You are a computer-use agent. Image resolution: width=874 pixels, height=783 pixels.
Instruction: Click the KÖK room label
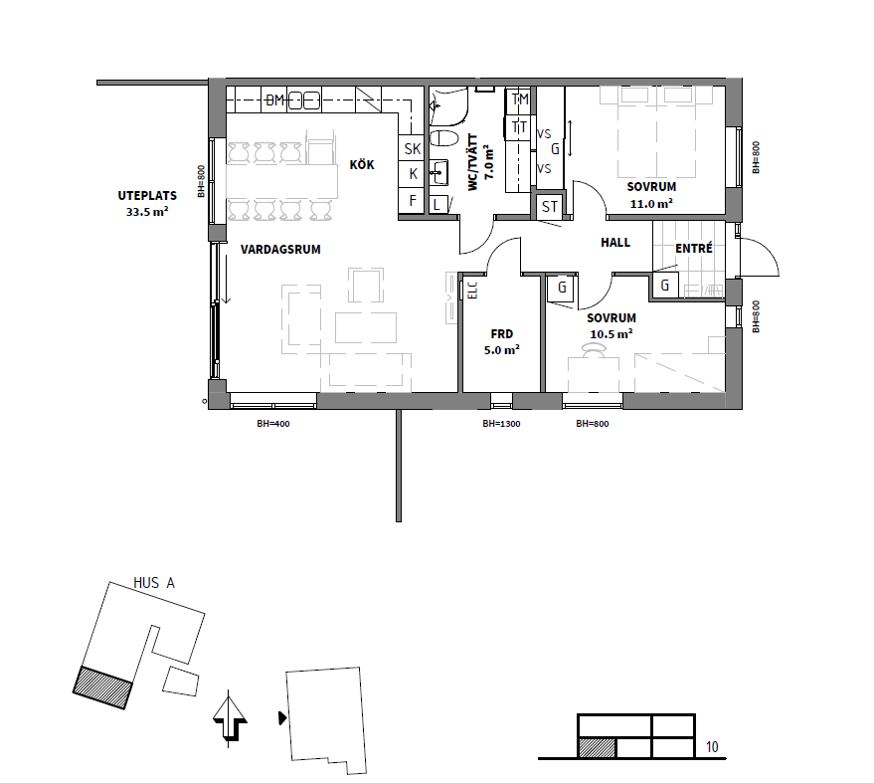point(362,164)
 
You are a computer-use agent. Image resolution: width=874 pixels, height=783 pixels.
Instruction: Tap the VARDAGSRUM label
point(280,250)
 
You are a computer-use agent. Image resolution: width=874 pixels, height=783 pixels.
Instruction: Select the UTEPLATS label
point(147,196)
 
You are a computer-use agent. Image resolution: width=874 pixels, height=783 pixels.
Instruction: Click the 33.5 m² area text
point(147,212)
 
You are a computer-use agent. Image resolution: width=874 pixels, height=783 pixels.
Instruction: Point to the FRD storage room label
point(502,334)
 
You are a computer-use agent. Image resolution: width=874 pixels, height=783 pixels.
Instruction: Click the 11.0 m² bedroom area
point(651,204)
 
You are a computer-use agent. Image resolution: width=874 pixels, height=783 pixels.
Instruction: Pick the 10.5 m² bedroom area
point(612,334)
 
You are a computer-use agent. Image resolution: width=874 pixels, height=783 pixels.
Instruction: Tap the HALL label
point(615,243)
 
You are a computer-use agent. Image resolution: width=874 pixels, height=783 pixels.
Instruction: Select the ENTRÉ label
point(694,248)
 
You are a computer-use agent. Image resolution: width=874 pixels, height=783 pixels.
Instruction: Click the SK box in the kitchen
point(413,149)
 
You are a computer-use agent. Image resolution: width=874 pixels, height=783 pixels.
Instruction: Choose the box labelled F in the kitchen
point(413,200)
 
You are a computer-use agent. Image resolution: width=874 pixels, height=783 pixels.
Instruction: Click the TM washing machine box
point(519,99)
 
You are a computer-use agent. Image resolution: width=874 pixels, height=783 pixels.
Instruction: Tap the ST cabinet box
point(550,206)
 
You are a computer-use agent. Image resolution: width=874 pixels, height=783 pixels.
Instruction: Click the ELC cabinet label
point(472,291)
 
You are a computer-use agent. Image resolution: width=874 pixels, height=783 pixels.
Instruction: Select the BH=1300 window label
point(502,424)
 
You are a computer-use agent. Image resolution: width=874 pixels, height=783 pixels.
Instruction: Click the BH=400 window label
point(273,424)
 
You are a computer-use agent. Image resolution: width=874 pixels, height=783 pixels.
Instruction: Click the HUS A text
point(154,583)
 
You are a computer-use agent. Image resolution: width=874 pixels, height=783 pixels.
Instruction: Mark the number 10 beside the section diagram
point(712,747)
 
